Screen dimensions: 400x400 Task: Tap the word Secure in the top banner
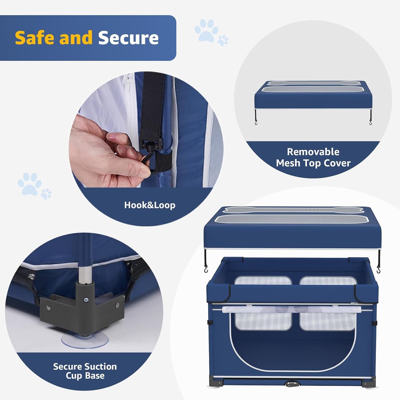pyautogui.click(x=128, y=38)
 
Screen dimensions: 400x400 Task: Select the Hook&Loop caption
pyautogui.click(x=149, y=205)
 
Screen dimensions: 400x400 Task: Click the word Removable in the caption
pyautogui.click(x=313, y=152)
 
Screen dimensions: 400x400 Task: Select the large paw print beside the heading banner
pyautogui.click(x=206, y=30)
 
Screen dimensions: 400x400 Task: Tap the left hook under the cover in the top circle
pyautogui.click(x=256, y=122)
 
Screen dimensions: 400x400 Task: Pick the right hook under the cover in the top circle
pyautogui.click(x=370, y=122)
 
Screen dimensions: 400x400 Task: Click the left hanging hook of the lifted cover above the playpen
pyautogui.click(x=206, y=269)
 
